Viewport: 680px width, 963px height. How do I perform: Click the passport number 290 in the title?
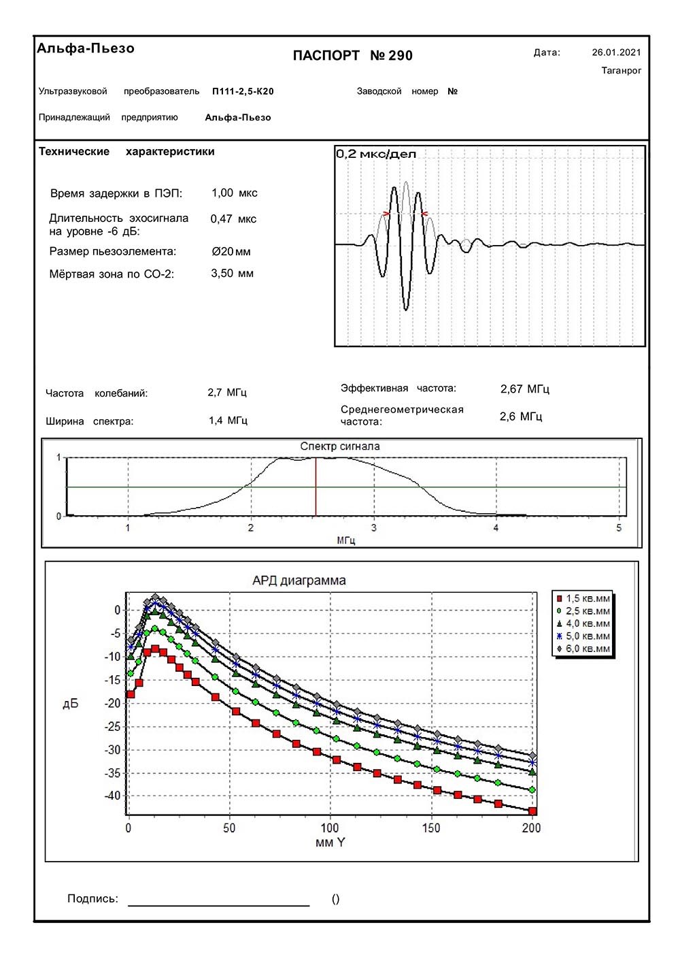(401, 56)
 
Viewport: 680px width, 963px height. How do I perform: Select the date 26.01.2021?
(616, 52)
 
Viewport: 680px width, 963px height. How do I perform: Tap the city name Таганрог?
(621, 71)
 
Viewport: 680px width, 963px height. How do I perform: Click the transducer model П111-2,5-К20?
(243, 91)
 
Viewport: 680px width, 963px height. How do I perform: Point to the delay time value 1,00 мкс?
(234, 193)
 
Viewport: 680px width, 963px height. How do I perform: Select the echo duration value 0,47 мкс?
(233, 219)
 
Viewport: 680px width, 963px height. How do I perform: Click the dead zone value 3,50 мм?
(232, 274)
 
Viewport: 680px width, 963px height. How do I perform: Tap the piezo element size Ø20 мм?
(231, 252)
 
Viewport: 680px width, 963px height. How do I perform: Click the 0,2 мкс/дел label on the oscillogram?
(376, 154)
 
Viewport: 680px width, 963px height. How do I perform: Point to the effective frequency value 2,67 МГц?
(524, 389)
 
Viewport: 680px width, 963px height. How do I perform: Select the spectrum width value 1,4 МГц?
(228, 421)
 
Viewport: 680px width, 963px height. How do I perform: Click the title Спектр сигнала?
(340, 446)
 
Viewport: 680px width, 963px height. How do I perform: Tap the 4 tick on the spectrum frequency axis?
(496, 528)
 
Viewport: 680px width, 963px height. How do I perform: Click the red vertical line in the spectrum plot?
(316, 487)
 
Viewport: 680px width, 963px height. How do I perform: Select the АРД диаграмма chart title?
(299, 581)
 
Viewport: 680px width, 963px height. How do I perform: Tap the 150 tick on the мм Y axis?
(431, 828)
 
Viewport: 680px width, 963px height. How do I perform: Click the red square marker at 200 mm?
(532, 811)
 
